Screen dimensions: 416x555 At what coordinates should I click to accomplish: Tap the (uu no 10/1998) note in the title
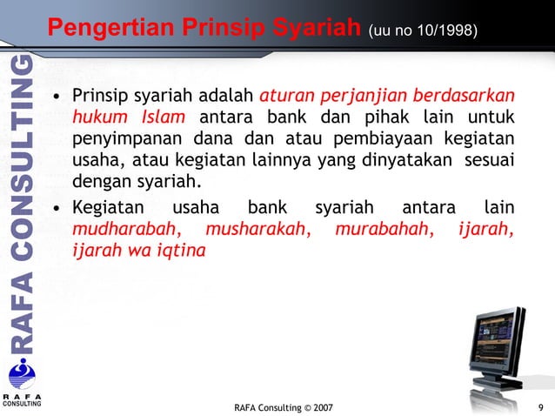point(423,31)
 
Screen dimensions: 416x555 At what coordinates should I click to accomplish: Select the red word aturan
point(286,94)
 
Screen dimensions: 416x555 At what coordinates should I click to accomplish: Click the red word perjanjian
point(363,94)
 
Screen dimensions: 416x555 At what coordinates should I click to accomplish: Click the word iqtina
point(180,252)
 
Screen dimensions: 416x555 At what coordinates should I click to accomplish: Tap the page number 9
point(542,406)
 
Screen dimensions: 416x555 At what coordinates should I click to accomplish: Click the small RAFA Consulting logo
point(20,383)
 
